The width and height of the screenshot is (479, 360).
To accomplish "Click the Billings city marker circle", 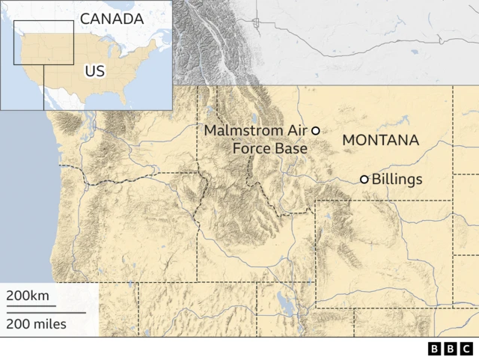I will pyautogui.click(x=364, y=180).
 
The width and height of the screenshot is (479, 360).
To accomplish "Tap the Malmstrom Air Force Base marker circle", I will pyautogui.click(x=316, y=130).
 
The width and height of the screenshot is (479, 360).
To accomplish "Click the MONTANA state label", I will pyautogui.click(x=380, y=140).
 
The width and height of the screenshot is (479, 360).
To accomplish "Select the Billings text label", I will pyautogui.click(x=397, y=180).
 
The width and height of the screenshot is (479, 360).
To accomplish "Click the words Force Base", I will pyautogui.click(x=269, y=149).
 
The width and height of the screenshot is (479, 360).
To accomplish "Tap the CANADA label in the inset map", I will pyautogui.click(x=112, y=18).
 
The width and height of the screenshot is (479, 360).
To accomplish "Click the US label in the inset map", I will pyautogui.click(x=94, y=71).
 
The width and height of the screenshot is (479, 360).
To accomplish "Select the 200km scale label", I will pyautogui.click(x=28, y=296).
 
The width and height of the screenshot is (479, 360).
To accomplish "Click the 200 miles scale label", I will pyautogui.click(x=36, y=324).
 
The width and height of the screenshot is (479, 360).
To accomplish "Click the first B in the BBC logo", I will pyautogui.click(x=435, y=348).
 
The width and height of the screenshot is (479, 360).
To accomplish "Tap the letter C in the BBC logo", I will pyautogui.click(x=466, y=348).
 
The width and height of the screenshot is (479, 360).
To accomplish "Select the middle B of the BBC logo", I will pyautogui.click(x=451, y=348).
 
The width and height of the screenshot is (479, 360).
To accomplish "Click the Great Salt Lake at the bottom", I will pyautogui.click(x=284, y=303).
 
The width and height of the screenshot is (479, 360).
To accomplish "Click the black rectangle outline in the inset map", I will pyautogui.click(x=43, y=22).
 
